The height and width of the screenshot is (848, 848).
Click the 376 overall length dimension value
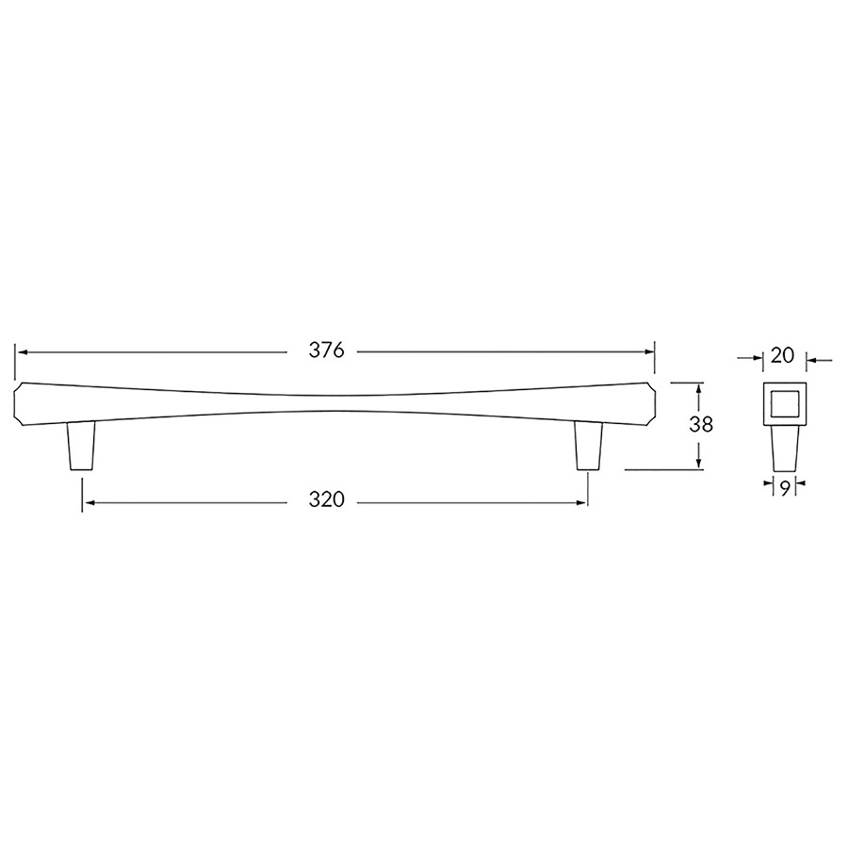point(327,351)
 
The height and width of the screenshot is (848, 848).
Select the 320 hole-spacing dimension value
point(327,501)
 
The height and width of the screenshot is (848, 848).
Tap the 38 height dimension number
point(700,424)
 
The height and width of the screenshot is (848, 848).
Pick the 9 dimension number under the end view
point(783,487)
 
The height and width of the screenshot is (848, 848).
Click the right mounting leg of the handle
point(589,445)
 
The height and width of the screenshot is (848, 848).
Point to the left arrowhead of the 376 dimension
point(21,351)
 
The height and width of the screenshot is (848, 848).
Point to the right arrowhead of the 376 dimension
point(649,351)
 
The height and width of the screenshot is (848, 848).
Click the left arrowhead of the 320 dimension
point(88,502)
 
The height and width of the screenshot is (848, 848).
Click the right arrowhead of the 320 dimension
point(583,502)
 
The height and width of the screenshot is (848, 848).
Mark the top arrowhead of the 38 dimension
point(698,387)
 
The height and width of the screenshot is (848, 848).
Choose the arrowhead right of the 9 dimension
point(799,487)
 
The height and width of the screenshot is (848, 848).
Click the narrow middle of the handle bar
point(335,403)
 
